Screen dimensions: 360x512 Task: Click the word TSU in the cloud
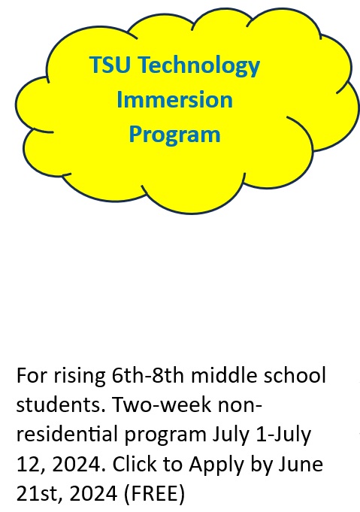[x=110, y=65]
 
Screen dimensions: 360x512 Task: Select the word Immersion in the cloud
[x=174, y=99]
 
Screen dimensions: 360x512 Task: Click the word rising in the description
[x=80, y=377]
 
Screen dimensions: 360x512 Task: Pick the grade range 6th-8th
[x=148, y=375]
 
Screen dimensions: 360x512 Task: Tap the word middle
[x=224, y=375]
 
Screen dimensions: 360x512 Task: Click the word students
[x=61, y=405]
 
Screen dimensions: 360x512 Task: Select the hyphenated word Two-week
[x=162, y=405]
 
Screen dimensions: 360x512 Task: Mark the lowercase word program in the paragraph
[x=165, y=437]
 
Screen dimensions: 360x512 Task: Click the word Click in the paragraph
[x=135, y=464]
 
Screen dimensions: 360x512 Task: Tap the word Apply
[x=216, y=466]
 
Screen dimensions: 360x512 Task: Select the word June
[x=301, y=464]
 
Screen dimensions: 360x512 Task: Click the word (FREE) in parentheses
[x=154, y=494]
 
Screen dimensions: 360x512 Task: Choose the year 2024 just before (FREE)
[x=93, y=493]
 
